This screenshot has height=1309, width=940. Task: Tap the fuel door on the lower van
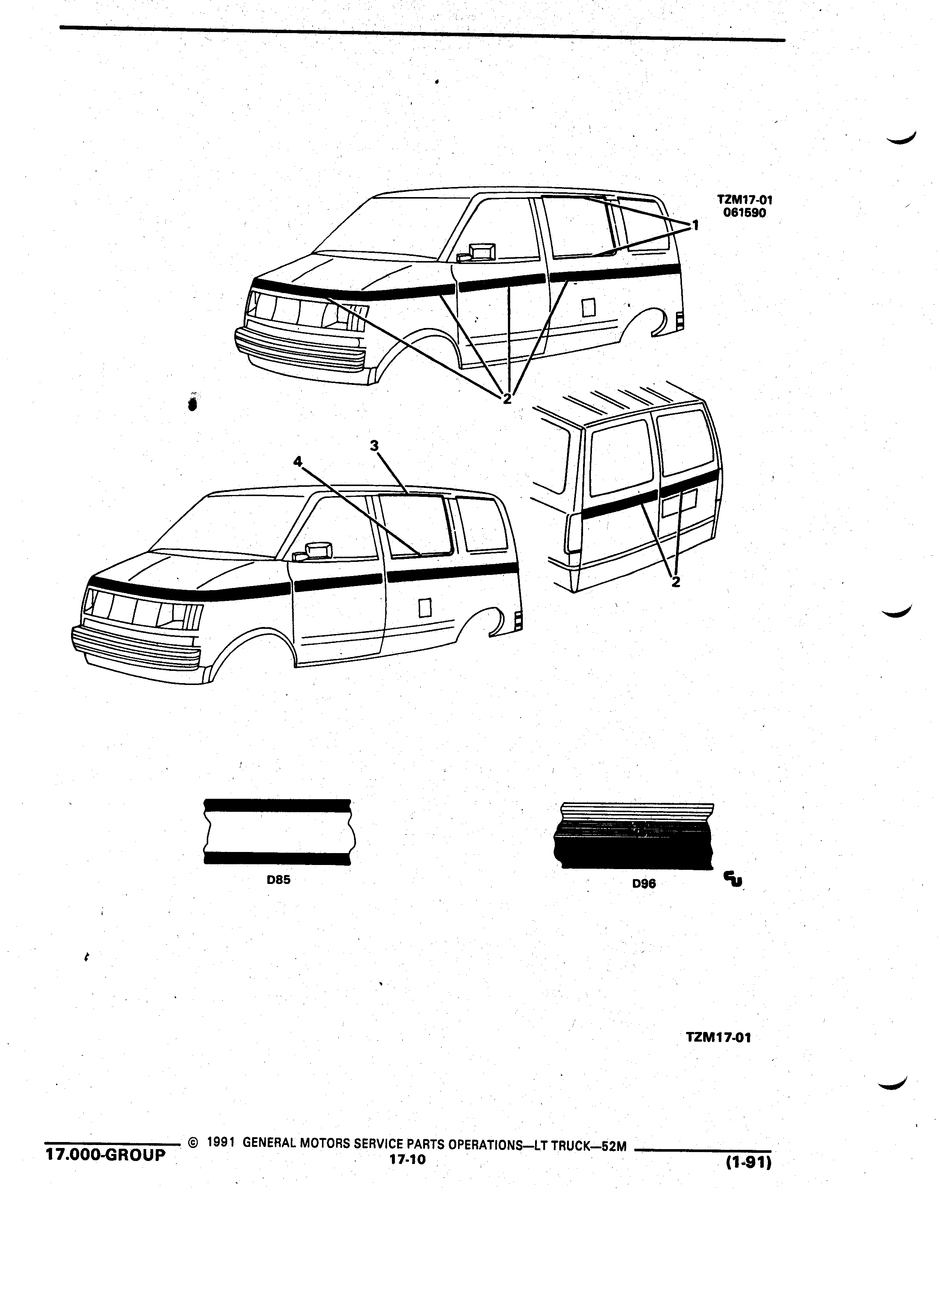(x=425, y=607)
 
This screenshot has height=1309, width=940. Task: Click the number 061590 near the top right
(x=744, y=212)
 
